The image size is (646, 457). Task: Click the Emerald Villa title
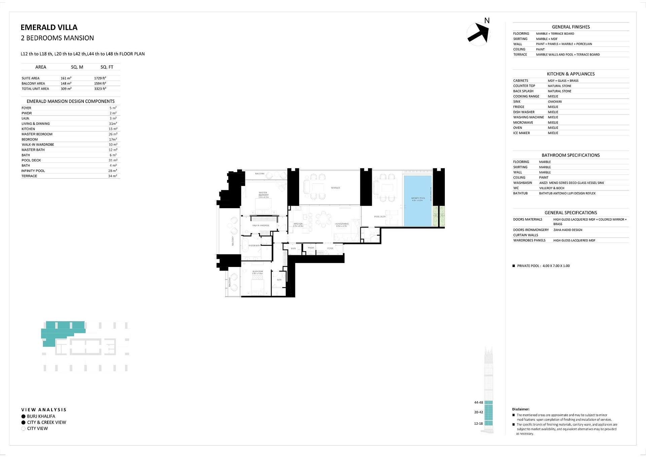[x=49, y=28]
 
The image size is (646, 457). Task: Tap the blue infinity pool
[x=418, y=200]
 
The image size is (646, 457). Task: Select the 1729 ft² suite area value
[x=100, y=78]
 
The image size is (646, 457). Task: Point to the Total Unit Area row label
[x=35, y=89]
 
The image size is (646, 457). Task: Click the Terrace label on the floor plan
[x=335, y=188]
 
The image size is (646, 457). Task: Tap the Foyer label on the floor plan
[x=330, y=248]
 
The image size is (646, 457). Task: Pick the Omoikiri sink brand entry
[x=554, y=102]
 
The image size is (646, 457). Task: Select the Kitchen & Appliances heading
[x=571, y=74]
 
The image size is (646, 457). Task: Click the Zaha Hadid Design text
[x=568, y=230]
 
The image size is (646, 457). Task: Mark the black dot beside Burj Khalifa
[x=23, y=416]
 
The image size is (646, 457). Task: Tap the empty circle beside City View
[x=23, y=429]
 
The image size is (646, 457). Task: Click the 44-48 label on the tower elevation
[x=478, y=403]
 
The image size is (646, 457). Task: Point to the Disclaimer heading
[x=521, y=409]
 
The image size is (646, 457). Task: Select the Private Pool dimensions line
[x=543, y=266]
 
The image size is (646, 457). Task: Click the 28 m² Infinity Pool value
[x=113, y=171]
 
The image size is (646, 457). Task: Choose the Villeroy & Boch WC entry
[x=552, y=188]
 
